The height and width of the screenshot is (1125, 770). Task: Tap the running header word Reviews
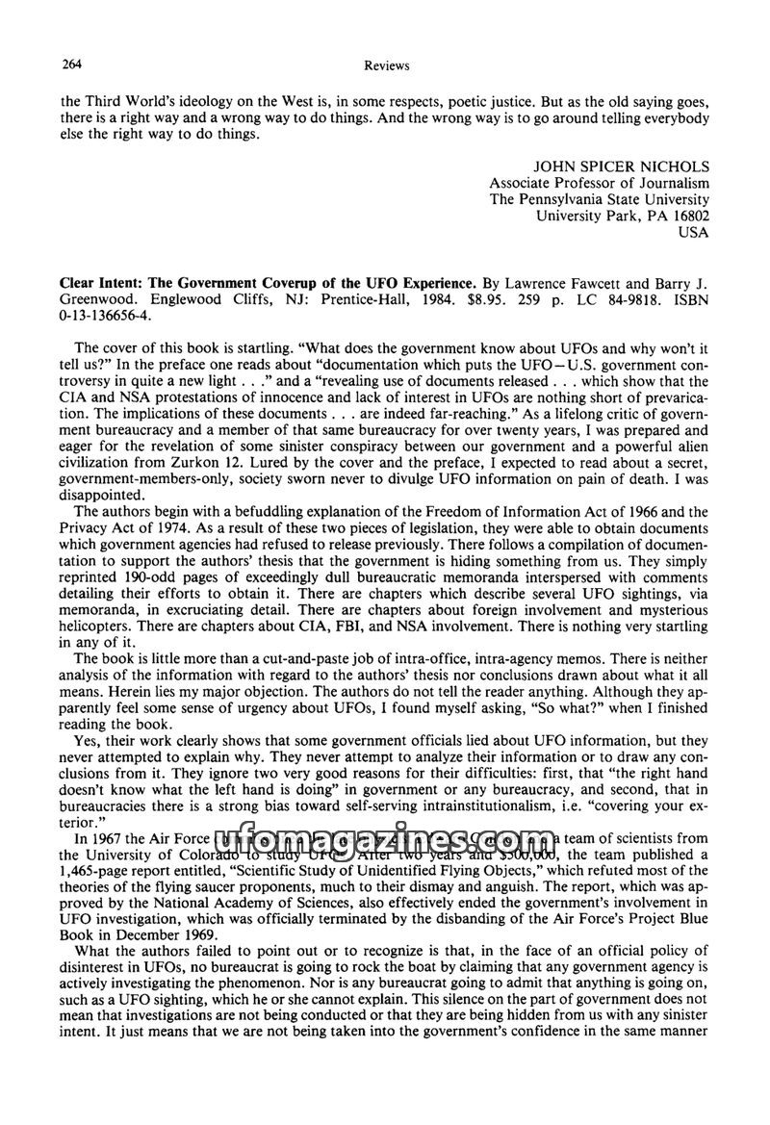click(x=389, y=65)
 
